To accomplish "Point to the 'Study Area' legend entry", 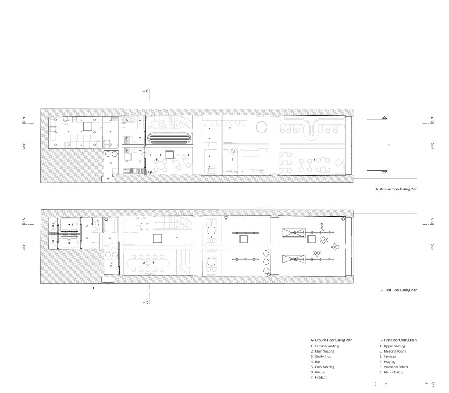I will point(324,357).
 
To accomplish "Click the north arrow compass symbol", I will point(433,384).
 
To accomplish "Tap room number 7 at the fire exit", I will point(108,179).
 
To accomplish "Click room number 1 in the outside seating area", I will point(389,145).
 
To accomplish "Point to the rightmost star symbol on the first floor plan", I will point(335,247).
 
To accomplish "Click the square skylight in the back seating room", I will point(169,155).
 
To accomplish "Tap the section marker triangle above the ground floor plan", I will point(147,91).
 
